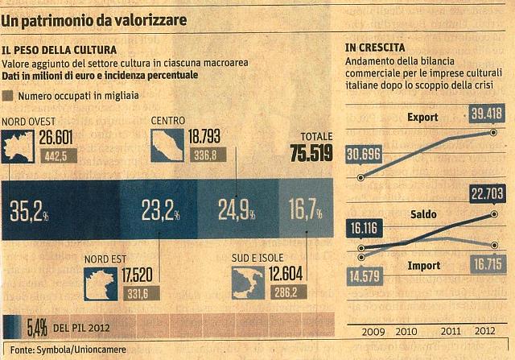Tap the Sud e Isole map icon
pyautogui.click(x=248, y=283)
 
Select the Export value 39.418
pyautogui.click(x=487, y=114)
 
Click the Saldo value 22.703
pyautogui.click(x=487, y=194)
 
